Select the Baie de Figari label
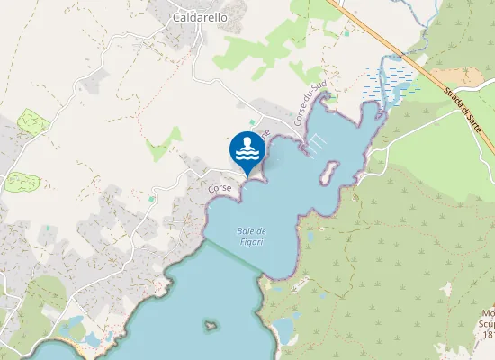click(x=252, y=237)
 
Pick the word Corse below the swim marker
click(x=220, y=188)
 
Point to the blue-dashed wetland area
click(x=388, y=80)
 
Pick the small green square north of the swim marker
click(x=252, y=122)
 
